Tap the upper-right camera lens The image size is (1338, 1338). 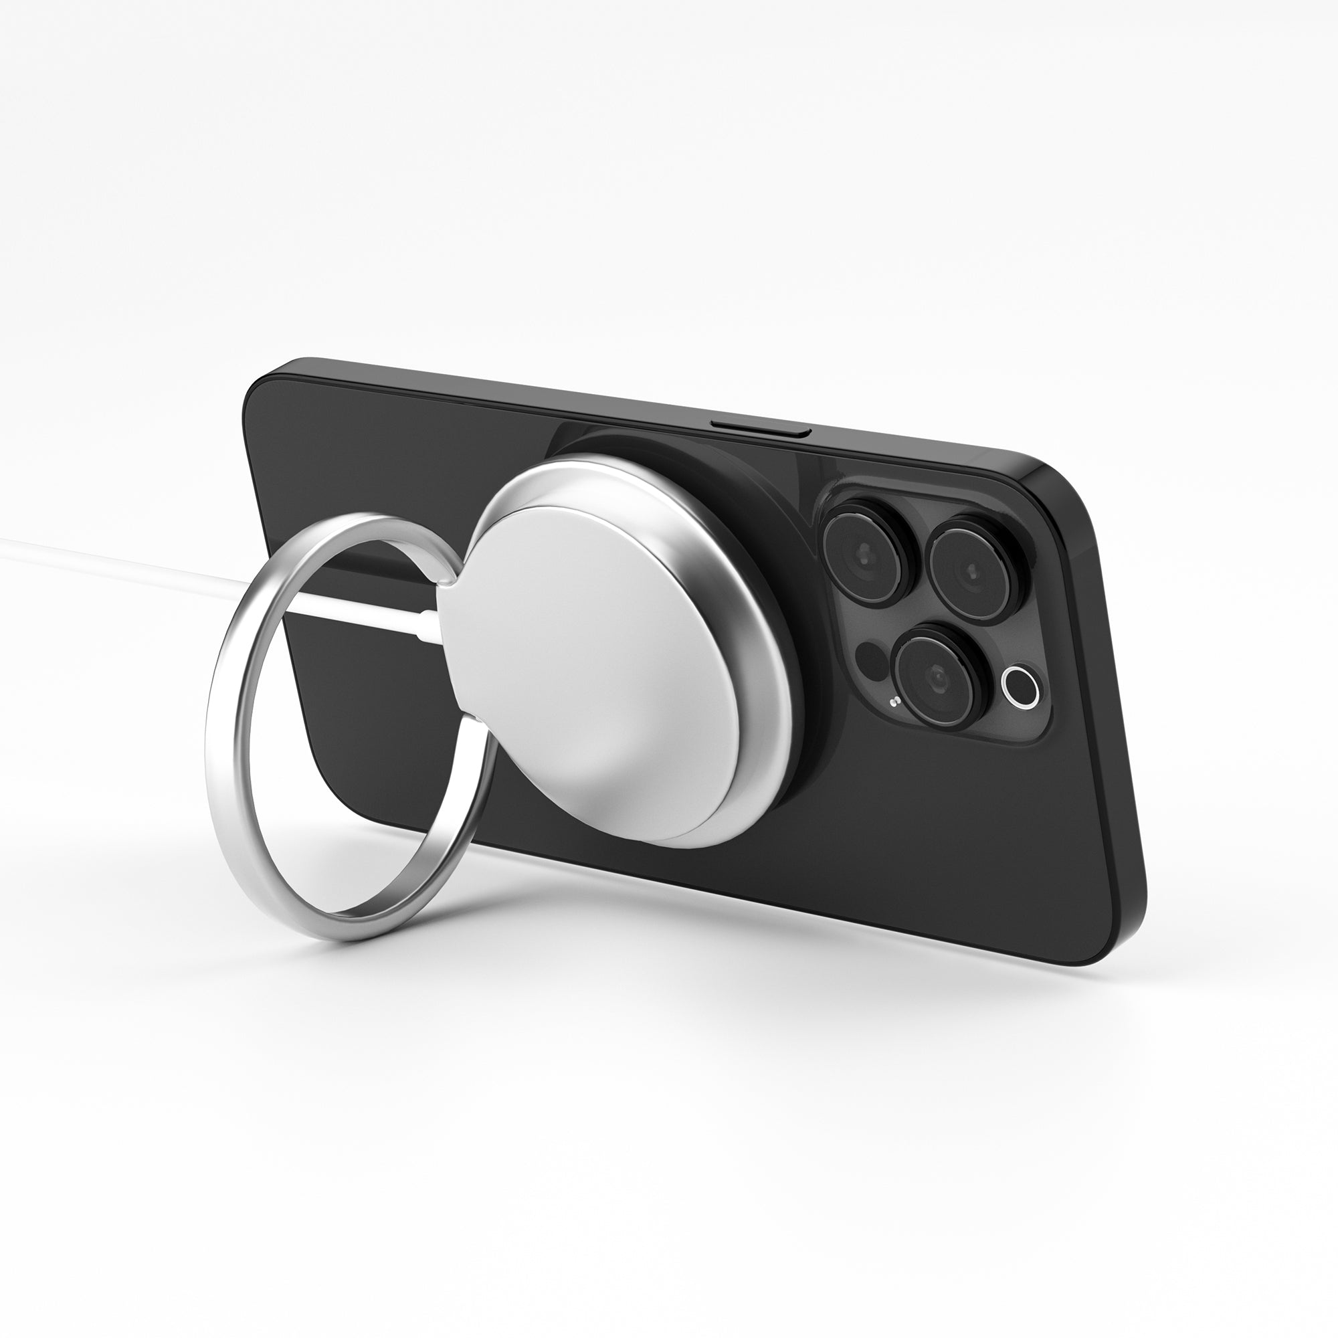point(973,570)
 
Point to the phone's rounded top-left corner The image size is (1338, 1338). point(267,377)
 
